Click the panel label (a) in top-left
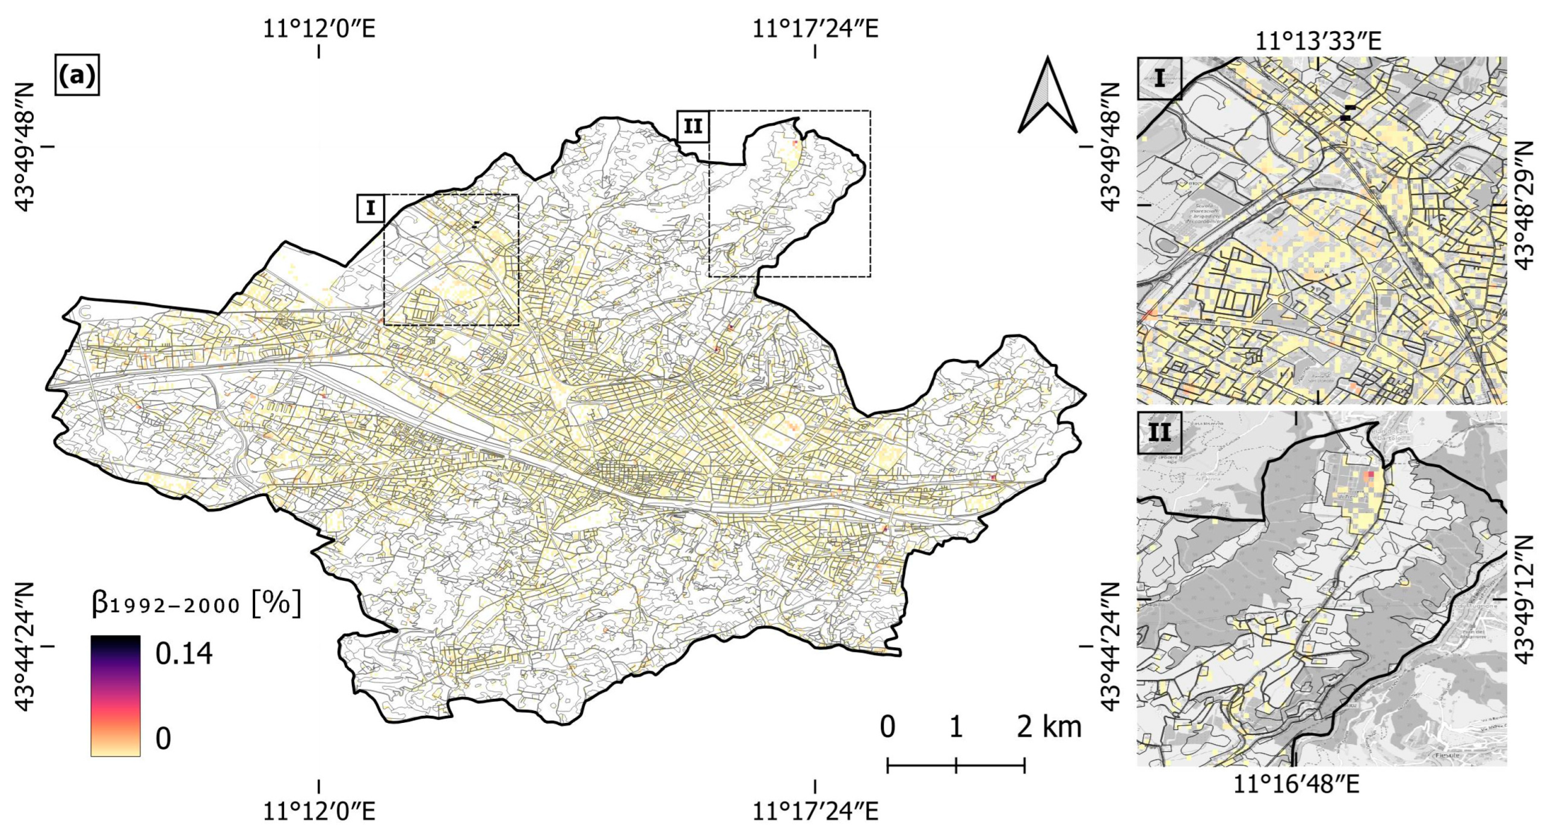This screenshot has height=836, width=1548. click(76, 75)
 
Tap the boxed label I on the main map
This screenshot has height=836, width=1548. click(371, 208)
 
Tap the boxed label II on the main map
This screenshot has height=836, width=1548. click(692, 126)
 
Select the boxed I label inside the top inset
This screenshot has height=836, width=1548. click(1159, 78)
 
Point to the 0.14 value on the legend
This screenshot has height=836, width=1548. click(183, 654)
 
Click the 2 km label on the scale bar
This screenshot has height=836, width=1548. click(1049, 727)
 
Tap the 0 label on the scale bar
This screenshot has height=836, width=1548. click(887, 727)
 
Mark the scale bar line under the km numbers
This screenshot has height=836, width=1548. click(956, 766)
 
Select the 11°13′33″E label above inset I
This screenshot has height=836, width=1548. click(1318, 41)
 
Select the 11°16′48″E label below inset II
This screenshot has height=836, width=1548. click(1297, 785)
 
